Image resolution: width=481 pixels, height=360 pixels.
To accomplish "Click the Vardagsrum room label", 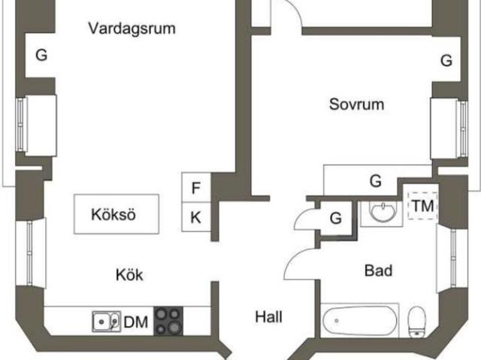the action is tap(132, 29).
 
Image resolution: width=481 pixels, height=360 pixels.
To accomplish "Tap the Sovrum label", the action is tap(356, 104).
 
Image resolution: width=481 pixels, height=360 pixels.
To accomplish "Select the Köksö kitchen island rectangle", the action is tap(116, 214).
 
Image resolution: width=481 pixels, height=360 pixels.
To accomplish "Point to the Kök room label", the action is tap(129, 275).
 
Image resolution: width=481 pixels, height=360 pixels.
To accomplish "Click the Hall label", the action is tap(269, 316).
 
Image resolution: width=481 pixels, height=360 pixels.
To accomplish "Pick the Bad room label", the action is tap(378, 271).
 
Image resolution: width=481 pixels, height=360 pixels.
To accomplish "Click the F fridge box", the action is tap(196, 187).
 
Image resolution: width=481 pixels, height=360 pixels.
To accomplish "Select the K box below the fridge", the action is tap(196, 216).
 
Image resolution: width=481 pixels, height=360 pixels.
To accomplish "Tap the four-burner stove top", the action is tap(168, 321).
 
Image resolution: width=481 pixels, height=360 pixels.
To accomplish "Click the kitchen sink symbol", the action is tap(107, 322).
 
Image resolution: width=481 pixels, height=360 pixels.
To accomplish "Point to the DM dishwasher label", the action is tap(136, 322).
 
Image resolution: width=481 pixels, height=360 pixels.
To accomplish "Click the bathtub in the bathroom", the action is tap(359, 320).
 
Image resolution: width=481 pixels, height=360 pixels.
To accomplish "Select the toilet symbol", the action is tap(416, 322).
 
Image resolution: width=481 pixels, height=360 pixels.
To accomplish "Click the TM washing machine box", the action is tap(422, 206).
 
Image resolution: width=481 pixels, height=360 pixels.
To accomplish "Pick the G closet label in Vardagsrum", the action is tap(41, 55).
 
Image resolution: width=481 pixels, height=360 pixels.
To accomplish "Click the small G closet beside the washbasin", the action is tap(336, 219).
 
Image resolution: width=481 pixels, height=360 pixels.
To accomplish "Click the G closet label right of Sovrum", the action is tap(446, 60).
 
